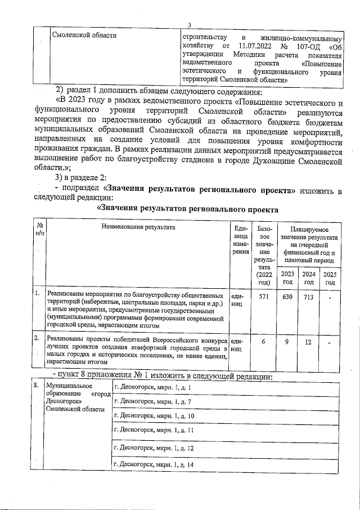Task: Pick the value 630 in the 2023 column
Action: click(x=287, y=296)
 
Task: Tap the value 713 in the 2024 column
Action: click(x=308, y=296)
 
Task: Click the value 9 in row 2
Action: click(x=287, y=342)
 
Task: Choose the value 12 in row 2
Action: click(x=308, y=342)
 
